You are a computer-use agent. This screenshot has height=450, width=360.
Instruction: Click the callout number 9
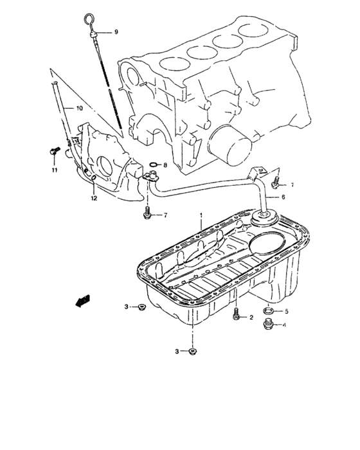(x=117, y=32)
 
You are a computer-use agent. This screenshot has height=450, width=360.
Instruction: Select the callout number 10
(x=79, y=107)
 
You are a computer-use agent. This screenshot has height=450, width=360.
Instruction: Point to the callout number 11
(x=55, y=170)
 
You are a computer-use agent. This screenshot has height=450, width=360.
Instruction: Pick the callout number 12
(x=94, y=198)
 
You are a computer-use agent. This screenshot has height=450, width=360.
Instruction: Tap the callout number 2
(x=251, y=318)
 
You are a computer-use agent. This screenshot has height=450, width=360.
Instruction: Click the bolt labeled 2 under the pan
(x=237, y=315)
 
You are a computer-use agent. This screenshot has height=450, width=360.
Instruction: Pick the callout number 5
(x=286, y=312)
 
